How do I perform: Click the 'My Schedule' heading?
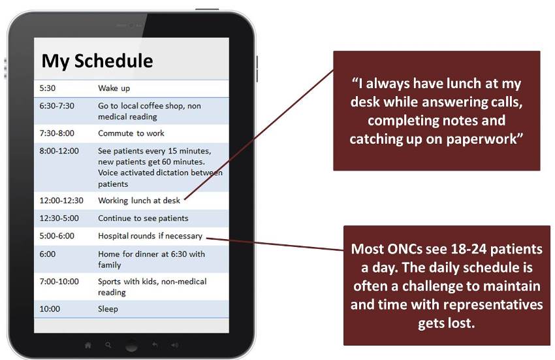(97, 61)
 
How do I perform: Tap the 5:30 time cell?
(48, 88)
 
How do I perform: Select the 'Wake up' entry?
(114, 88)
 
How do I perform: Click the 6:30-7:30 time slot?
(57, 106)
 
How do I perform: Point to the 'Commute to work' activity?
(131, 133)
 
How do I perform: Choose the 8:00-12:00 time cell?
(59, 150)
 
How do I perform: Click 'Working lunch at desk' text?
(139, 201)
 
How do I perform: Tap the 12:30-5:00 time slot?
(59, 218)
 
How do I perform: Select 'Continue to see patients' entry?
(143, 218)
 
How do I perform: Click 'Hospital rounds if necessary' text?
(150, 236)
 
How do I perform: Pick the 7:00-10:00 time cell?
(59, 282)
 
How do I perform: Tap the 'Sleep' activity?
(108, 309)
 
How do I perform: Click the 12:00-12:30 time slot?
(61, 200)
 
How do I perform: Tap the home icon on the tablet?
(87, 345)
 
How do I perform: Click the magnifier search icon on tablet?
(108, 345)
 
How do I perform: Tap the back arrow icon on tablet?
(155, 344)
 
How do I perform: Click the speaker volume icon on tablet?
(175, 345)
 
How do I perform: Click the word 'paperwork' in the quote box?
(484, 139)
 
